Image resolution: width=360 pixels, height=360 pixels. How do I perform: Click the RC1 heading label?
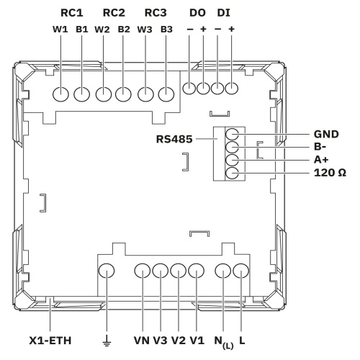tap(72, 13)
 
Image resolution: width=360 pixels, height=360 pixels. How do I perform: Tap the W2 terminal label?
tap(102, 30)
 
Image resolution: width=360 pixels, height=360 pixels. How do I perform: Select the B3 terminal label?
tap(166, 30)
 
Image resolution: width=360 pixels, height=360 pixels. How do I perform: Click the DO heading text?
tap(197, 13)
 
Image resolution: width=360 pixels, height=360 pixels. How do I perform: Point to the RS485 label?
tap(174, 139)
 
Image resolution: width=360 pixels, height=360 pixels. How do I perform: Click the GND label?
tap(326, 134)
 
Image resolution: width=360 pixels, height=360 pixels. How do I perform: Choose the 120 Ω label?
tap(330, 173)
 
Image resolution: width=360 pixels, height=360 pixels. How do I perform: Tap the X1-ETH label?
tap(50, 341)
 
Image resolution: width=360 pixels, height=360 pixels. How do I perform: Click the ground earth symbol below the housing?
tap(107, 341)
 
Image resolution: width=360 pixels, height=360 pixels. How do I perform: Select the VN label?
tap(142, 341)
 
